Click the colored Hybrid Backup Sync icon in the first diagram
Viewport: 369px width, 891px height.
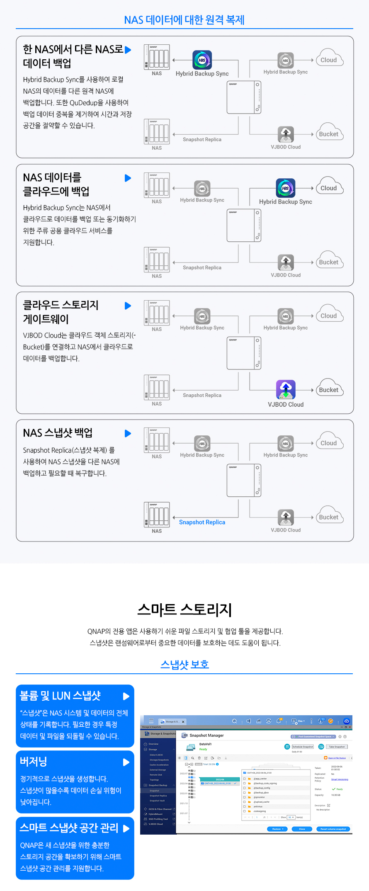(202, 60)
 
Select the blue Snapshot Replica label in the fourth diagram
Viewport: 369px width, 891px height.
(202, 522)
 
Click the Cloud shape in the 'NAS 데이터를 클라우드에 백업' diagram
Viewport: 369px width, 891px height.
(330, 187)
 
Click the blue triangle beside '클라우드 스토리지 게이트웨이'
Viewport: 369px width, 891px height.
(128, 306)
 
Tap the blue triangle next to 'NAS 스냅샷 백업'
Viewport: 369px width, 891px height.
(128, 434)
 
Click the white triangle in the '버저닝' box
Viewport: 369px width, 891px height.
(126, 762)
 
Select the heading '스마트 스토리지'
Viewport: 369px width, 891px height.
(184, 610)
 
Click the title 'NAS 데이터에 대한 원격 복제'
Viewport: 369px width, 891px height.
(184, 20)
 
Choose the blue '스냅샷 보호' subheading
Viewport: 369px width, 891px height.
(184, 665)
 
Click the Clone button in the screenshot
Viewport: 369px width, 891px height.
(302, 829)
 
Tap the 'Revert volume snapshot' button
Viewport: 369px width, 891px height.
(333, 829)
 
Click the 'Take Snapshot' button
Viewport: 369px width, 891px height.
(337, 747)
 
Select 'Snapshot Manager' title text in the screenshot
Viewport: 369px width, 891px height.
(206, 736)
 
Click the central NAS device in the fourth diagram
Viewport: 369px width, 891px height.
(244, 480)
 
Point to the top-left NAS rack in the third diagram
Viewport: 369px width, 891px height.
(157, 312)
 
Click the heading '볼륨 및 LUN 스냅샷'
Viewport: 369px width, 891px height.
(61, 696)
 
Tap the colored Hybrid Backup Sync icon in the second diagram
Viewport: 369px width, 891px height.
(286, 188)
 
